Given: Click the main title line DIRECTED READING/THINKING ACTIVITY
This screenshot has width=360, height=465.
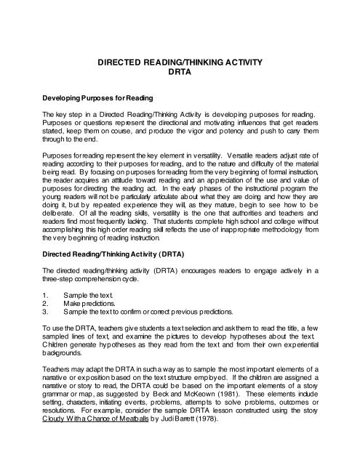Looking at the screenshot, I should click(179, 64).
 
